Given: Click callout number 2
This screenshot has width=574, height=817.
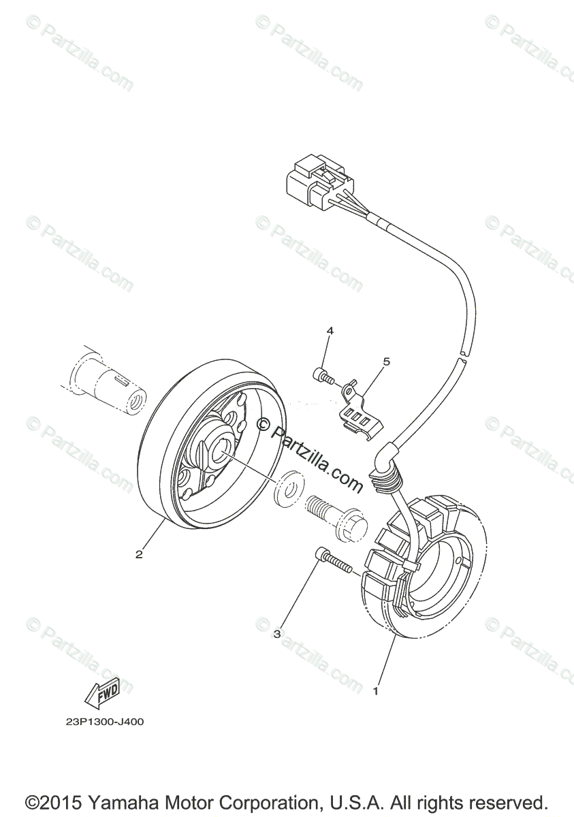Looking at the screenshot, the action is click(x=139, y=554).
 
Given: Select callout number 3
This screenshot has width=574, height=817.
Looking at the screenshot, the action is click(x=277, y=634).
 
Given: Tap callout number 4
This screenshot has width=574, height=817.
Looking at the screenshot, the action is click(x=330, y=331).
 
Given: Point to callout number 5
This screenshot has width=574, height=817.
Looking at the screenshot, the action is click(x=386, y=362).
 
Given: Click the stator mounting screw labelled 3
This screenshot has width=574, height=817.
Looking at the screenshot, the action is click(x=332, y=562).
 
